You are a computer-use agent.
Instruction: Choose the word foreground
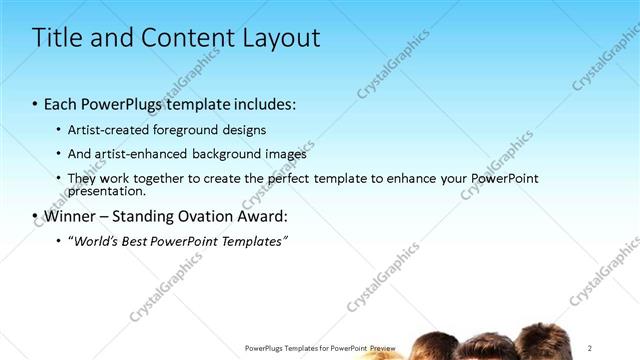point(188,130)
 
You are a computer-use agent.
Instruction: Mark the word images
point(286,154)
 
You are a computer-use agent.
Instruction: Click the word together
point(160,178)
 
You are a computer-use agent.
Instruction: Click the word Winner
point(71,216)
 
